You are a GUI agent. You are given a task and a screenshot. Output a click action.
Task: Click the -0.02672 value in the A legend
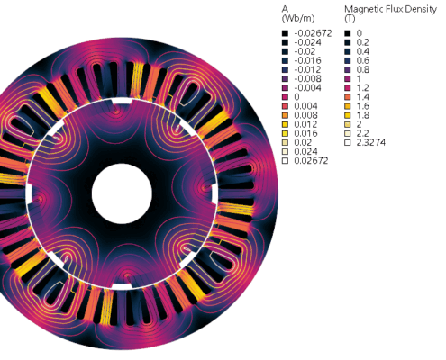pyautogui.click(x=313, y=33)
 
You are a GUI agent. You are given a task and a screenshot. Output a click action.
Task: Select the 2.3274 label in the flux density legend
pyautogui.click(x=370, y=142)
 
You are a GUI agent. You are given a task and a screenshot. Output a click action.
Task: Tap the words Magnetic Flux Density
pyautogui.click(x=390, y=9)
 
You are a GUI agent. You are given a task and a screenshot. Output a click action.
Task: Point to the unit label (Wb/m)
pyautogui.click(x=298, y=19)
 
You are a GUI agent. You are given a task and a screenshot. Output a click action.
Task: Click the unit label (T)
pyautogui.click(x=350, y=19)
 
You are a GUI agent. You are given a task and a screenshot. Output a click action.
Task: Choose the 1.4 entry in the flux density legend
pyautogui.click(x=362, y=97)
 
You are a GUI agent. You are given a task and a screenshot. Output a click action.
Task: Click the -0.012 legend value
pyautogui.click(x=307, y=69)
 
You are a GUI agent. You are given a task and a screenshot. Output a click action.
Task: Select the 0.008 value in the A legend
pyautogui.click(x=305, y=115)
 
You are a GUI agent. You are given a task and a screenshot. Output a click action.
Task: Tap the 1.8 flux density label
pyautogui.click(x=363, y=115)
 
